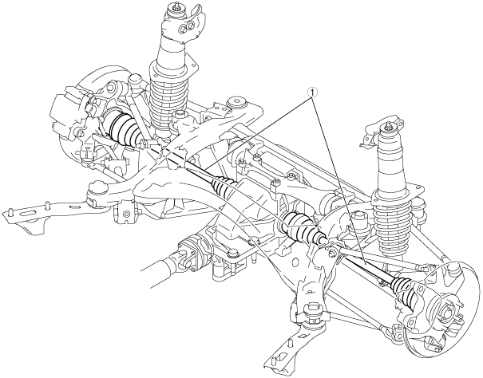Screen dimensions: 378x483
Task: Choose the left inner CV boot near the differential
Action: point(224,188)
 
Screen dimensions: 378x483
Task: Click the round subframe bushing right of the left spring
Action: point(236,104)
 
